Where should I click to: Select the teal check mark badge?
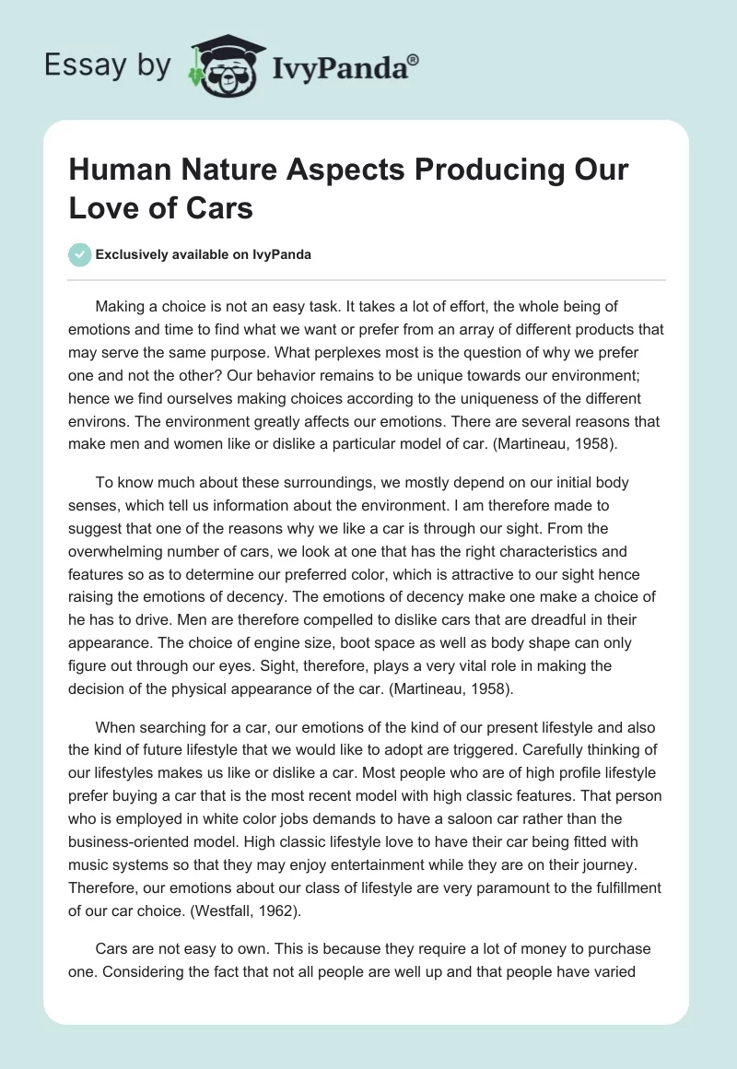pyautogui.click(x=80, y=255)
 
